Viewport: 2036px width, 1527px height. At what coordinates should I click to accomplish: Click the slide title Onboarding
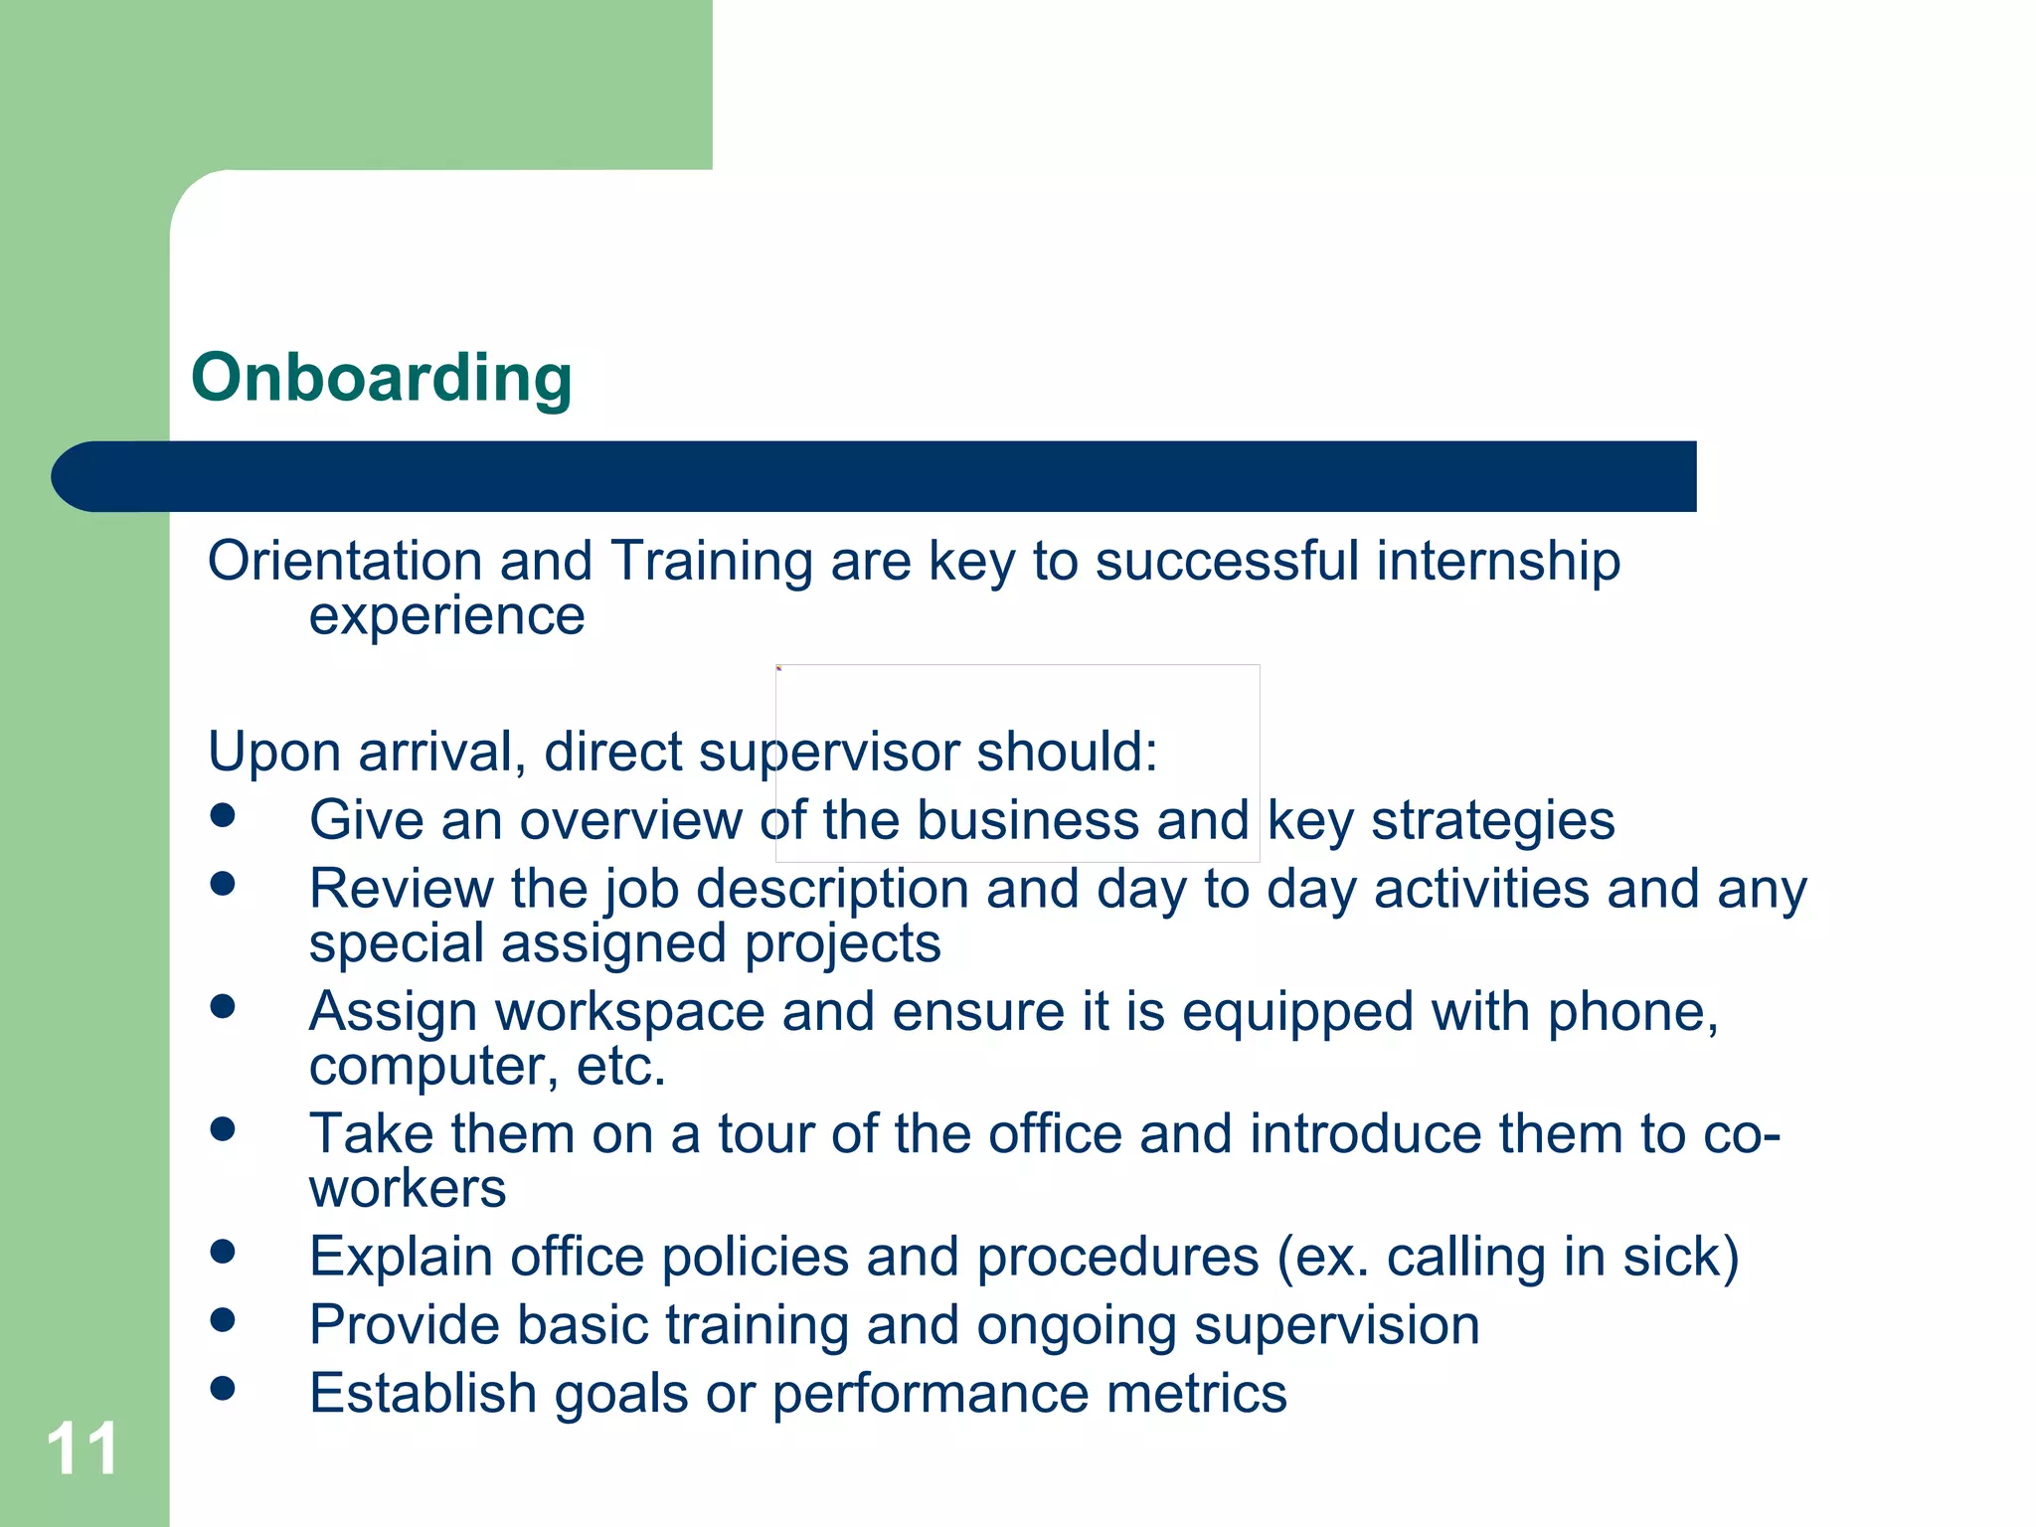pyautogui.click(x=382, y=378)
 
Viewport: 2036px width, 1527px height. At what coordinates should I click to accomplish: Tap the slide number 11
pyautogui.click(x=83, y=1449)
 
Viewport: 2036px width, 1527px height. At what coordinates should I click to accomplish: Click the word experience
pyautogui.click(x=446, y=616)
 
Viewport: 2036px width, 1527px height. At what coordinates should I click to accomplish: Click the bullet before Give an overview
pyautogui.click(x=223, y=815)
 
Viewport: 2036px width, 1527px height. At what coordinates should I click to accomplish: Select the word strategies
pyautogui.click(x=1492, y=821)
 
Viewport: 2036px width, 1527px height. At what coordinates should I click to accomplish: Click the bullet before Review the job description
pyautogui.click(x=223, y=884)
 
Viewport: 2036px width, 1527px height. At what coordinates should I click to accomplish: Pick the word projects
pyautogui.click(x=842, y=943)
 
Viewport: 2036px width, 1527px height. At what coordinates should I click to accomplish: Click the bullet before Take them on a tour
pyautogui.click(x=223, y=1129)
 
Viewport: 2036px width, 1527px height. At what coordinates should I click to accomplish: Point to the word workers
pyautogui.click(x=408, y=1188)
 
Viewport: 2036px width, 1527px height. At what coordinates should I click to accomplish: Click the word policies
pyautogui.click(x=753, y=1257)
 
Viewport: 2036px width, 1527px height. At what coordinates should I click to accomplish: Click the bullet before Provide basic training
pyautogui.click(x=223, y=1319)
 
